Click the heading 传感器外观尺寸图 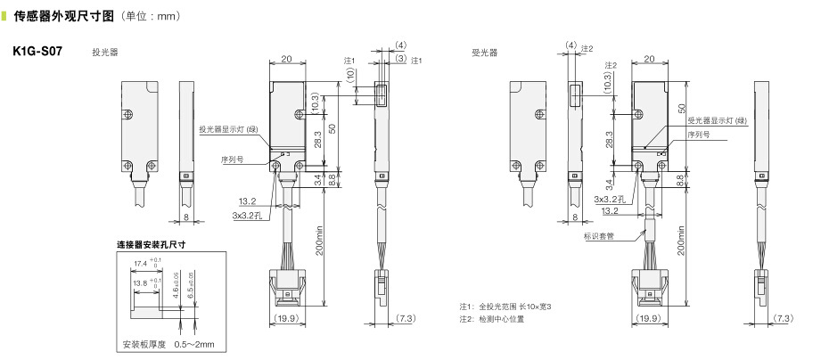point(63,16)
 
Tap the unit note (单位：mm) point(151,16)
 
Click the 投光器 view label point(105,53)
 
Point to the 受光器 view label point(485,53)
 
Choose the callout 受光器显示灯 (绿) point(717,121)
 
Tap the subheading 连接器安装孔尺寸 point(151,245)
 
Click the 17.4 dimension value point(141,263)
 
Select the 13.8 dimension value point(141,283)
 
